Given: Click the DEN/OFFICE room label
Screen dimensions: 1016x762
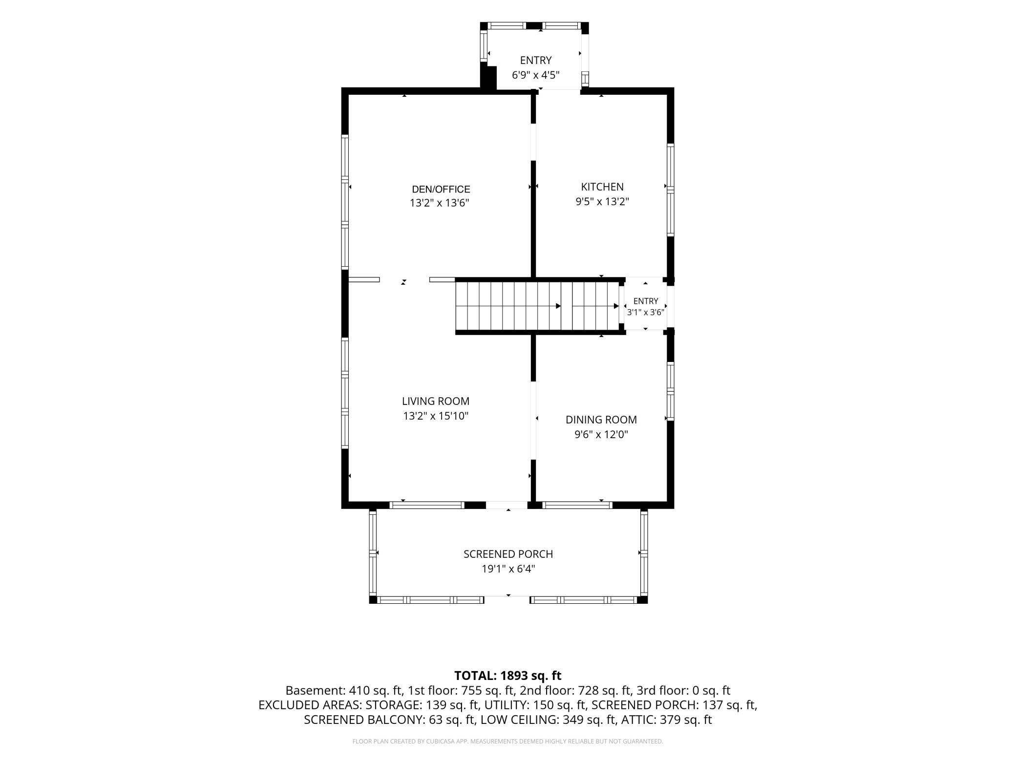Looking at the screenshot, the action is point(441,190).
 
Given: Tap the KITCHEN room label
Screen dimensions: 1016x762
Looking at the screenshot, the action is point(602,187).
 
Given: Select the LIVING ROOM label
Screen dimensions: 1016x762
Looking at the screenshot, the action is point(436,401).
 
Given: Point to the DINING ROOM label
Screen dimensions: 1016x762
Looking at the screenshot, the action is point(601,420).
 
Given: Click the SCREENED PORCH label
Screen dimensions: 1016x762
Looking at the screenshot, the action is point(508,554).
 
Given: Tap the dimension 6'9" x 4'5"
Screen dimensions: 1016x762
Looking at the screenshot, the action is point(536,75).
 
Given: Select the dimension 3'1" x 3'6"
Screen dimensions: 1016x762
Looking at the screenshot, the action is point(646,313).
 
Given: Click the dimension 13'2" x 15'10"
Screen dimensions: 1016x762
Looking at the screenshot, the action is point(436,416).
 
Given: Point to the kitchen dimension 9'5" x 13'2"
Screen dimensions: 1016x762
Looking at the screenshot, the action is point(602,202).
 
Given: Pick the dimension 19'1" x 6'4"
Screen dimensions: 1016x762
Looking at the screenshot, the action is point(508,569).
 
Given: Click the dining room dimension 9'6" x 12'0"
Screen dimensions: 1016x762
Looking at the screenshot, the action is point(601,435).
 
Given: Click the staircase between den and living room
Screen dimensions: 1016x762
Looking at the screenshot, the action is point(537,306).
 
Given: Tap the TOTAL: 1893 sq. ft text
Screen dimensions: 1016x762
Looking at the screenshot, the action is point(508,676).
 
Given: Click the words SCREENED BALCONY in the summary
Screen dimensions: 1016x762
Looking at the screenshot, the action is point(364,720).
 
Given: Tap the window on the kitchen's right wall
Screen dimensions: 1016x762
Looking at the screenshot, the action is point(671,190).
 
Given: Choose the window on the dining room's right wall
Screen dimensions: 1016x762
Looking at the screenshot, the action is point(671,391).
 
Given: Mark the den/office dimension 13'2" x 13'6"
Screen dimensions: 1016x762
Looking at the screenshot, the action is point(440,203).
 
